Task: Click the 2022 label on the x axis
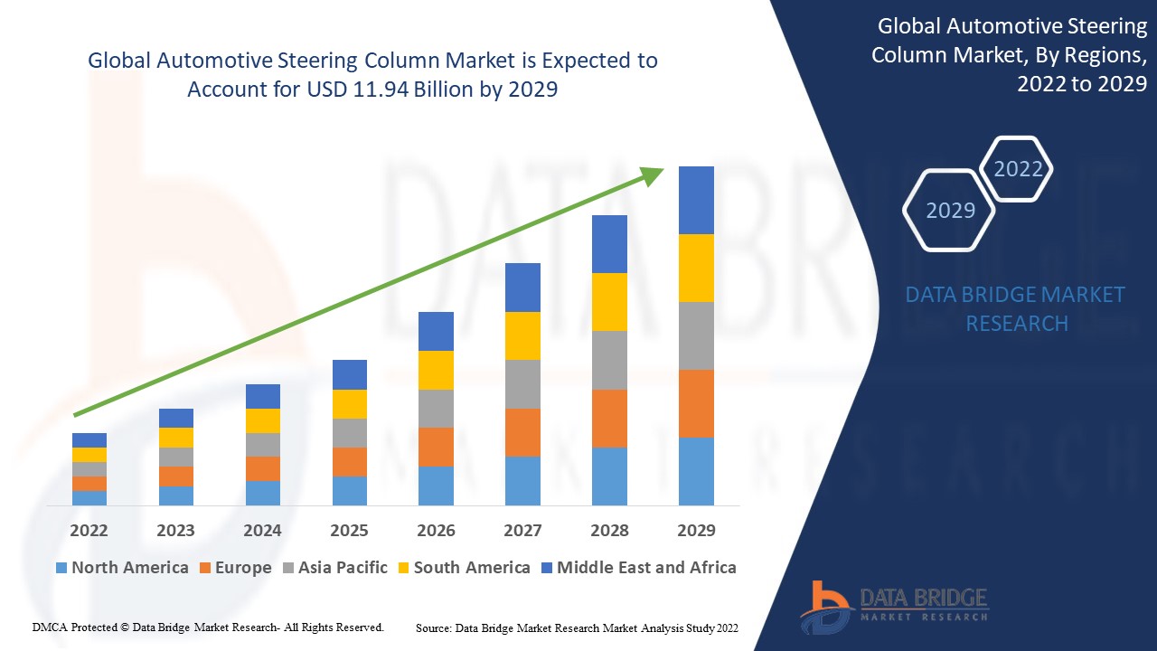[x=89, y=530]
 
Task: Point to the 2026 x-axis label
[x=436, y=530]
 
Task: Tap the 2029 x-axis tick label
[x=696, y=530]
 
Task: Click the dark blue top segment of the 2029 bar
[x=696, y=200]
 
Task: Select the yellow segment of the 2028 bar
[x=609, y=302]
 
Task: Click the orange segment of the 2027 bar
[x=522, y=432]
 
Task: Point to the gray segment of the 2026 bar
[x=436, y=409]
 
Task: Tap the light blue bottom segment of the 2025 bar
[x=349, y=490]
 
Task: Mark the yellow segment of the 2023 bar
[x=175, y=438]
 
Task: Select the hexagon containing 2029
[x=949, y=210]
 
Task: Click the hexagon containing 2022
[x=1018, y=169]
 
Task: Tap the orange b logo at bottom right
[x=825, y=605]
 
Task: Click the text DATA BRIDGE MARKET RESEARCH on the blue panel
[x=1016, y=308]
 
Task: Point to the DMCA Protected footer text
[x=208, y=627]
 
